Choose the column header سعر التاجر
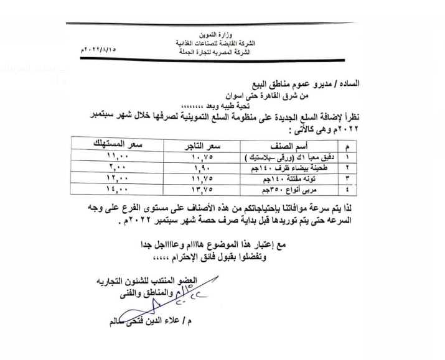(x=205, y=144)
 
